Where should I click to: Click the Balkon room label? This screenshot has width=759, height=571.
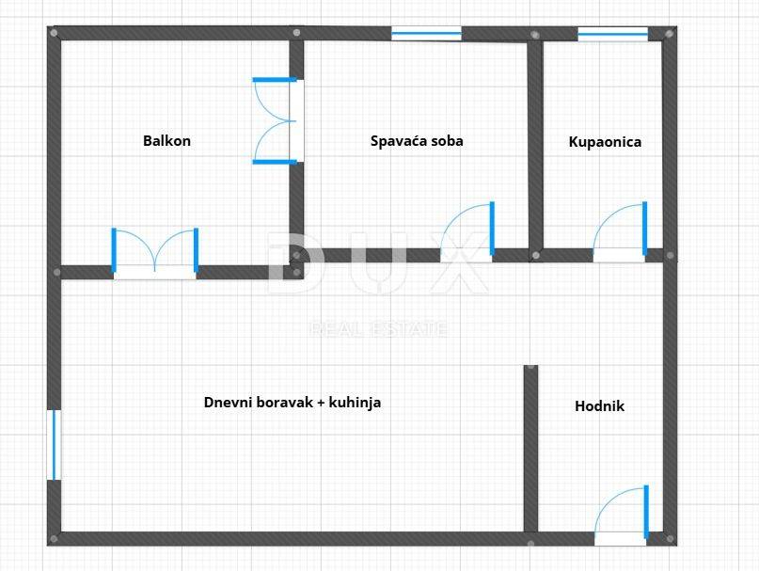166,141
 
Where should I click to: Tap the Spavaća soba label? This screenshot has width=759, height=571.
417,141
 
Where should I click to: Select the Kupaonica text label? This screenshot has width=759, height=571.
605,142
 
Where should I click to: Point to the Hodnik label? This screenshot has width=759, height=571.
599,405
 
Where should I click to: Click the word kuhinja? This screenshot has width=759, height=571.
355,403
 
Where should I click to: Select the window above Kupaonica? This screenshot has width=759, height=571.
613,34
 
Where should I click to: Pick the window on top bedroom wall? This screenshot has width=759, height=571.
426,34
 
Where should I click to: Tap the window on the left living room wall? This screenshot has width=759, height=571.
55,445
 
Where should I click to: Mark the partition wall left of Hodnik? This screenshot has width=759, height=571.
531,449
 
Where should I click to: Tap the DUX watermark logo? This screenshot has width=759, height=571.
377,262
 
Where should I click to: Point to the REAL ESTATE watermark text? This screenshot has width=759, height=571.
378,329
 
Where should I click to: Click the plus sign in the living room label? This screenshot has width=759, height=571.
321,403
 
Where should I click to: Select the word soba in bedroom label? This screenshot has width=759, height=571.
447,141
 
